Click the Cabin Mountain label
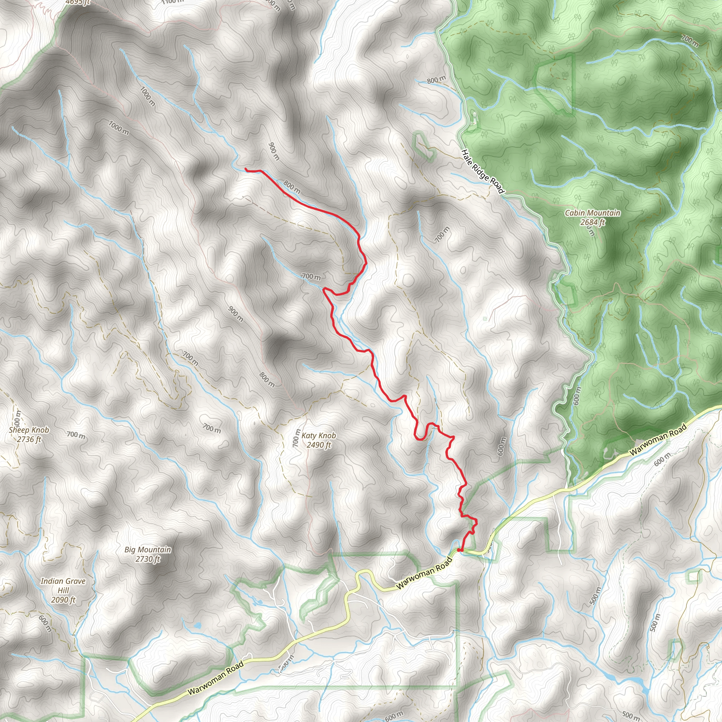pyautogui.click(x=592, y=213)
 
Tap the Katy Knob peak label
pyautogui.click(x=318, y=435)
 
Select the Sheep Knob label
pyautogui.click(x=29, y=430)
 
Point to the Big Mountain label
pyautogui.click(x=148, y=550)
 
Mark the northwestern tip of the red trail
pyautogui.click(x=246, y=169)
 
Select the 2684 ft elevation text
pyautogui.click(x=592, y=222)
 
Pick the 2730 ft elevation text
pyautogui.click(x=148, y=559)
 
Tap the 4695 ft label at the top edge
pyautogui.click(x=77, y=2)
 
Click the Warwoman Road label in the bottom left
pyautogui.click(x=216, y=678)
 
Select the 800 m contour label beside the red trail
pyautogui.click(x=292, y=187)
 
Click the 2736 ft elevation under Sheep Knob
pyautogui.click(x=29, y=440)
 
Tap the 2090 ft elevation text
pyautogui.click(x=63, y=600)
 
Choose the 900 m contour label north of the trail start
pyautogui.click(x=274, y=151)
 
